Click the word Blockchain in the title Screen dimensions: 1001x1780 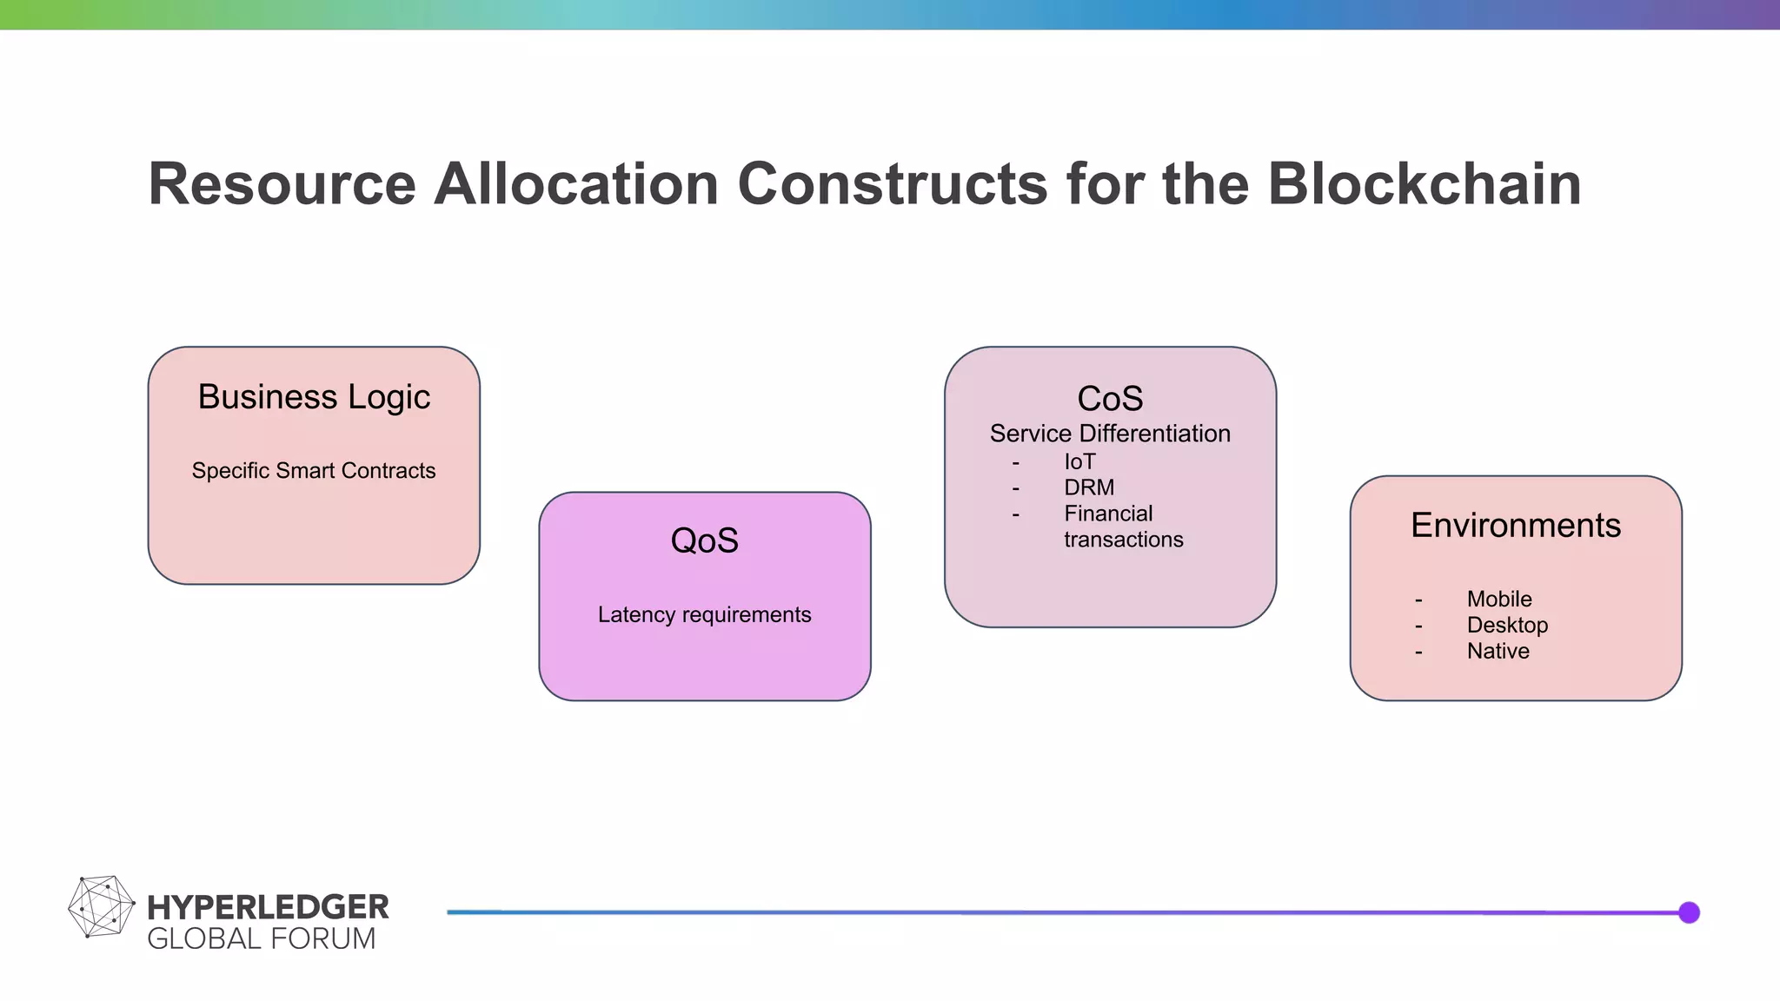[1424, 184]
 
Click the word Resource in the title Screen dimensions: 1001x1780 [282, 184]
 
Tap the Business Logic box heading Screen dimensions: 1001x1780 [314, 397]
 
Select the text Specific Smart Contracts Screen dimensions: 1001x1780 [314, 471]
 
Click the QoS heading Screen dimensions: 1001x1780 [704, 540]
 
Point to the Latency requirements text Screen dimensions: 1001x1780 [704, 615]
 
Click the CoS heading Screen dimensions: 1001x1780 [1110, 399]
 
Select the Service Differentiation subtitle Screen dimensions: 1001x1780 [1110, 434]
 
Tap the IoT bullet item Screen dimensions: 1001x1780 [1079, 462]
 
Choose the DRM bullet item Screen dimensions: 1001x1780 [1089, 488]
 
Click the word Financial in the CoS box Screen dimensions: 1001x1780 [1108, 514]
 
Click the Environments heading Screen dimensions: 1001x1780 [1515, 526]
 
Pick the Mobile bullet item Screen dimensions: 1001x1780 [1499, 600]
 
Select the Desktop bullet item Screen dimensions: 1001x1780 [1507, 626]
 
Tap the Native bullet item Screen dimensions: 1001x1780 [1498, 652]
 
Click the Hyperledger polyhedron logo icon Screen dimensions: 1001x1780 [101, 907]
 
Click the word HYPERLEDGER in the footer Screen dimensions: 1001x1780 [268, 907]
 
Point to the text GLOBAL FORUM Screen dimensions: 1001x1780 [261, 939]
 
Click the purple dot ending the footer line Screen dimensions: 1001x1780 [1689, 912]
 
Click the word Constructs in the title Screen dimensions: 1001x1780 [893, 184]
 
